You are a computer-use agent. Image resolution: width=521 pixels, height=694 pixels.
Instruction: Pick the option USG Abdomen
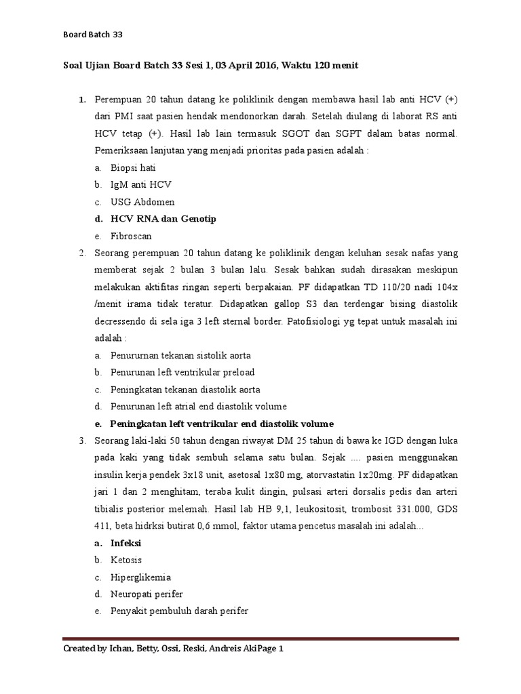click(x=142, y=202)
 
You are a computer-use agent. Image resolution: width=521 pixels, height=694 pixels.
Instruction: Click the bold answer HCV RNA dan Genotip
click(x=163, y=219)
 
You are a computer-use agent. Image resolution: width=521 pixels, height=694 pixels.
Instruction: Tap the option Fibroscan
click(x=132, y=237)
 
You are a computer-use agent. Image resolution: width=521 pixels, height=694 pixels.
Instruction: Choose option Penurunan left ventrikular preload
click(x=182, y=372)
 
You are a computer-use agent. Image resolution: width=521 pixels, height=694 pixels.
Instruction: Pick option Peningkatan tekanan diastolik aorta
click(x=185, y=390)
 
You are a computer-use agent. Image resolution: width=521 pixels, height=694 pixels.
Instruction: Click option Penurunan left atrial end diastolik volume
click(x=199, y=407)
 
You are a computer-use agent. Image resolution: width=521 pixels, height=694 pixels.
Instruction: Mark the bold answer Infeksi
click(x=126, y=544)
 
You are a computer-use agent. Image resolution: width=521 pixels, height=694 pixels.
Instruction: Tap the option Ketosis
click(x=126, y=560)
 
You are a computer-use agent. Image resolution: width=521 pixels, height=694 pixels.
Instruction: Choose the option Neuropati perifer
click(x=147, y=594)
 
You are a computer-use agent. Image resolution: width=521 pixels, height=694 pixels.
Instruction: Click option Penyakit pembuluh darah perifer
click(x=180, y=611)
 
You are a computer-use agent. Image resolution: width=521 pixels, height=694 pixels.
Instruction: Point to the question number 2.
click(x=81, y=253)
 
